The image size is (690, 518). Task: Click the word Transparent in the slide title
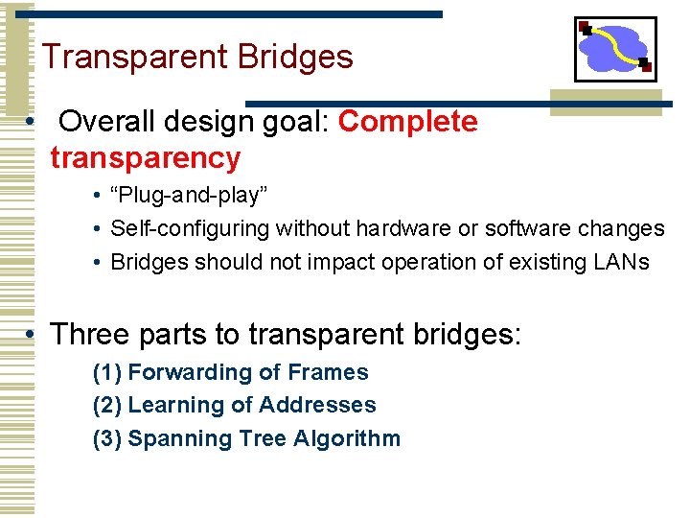click(130, 58)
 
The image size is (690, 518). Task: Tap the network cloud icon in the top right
click(614, 49)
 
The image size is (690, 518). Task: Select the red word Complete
click(407, 122)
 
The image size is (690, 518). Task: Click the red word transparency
click(145, 157)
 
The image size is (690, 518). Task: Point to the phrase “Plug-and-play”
click(189, 196)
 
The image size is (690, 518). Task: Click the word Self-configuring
click(191, 228)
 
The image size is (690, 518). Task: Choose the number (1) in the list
click(106, 372)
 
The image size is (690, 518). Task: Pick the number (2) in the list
click(106, 406)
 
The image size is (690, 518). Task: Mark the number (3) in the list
click(106, 439)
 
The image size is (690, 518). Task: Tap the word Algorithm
click(347, 439)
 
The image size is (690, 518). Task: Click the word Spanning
click(174, 439)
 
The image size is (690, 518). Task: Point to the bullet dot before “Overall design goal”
click(32, 123)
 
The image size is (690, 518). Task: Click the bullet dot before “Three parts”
click(32, 335)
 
